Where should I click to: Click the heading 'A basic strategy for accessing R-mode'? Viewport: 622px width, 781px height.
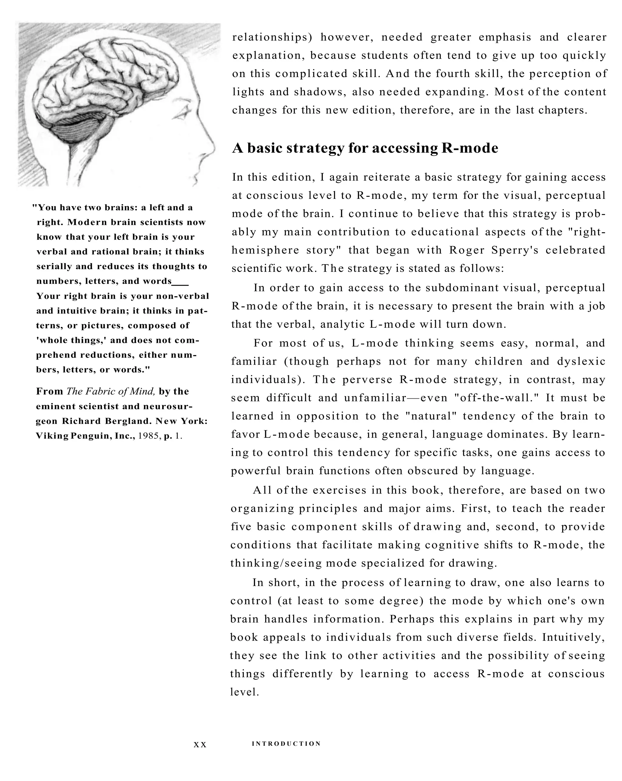tap(365, 148)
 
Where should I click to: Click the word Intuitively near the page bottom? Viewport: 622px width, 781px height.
tap(573, 637)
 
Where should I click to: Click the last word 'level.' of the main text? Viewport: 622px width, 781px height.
tap(244, 692)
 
